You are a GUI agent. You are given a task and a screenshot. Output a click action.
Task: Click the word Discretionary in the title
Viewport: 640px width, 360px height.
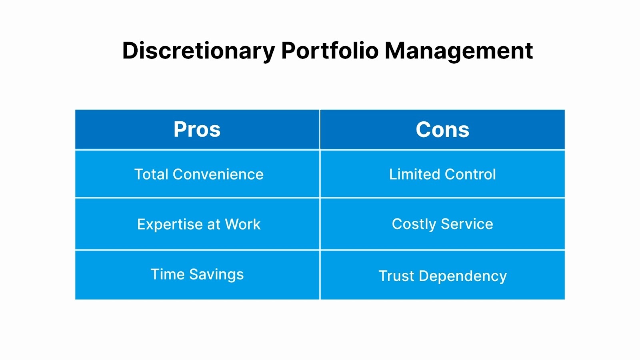click(199, 51)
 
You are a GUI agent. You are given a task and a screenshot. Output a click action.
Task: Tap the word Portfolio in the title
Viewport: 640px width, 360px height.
click(330, 51)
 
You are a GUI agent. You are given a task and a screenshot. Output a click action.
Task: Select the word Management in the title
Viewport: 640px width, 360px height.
click(458, 51)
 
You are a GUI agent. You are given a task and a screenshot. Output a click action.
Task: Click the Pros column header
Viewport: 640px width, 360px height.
click(197, 130)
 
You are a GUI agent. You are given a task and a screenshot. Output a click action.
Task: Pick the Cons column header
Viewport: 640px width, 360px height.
click(442, 130)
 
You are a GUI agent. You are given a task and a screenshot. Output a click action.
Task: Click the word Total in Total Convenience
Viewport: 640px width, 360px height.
click(151, 174)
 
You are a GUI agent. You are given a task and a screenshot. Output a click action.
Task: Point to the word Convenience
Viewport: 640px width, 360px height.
click(218, 174)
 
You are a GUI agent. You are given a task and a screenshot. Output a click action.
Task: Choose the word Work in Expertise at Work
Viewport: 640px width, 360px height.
click(242, 224)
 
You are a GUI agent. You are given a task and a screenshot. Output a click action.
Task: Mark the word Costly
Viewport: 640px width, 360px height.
click(414, 224)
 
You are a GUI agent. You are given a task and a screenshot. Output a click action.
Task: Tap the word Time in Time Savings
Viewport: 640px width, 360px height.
click(168, 274)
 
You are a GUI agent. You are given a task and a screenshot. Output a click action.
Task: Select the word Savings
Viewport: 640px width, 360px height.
click(216, 275)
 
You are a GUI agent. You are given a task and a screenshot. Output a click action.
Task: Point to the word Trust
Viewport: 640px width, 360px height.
click(396, 276)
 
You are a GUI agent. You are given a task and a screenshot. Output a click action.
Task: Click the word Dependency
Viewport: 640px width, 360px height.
click(463, 276)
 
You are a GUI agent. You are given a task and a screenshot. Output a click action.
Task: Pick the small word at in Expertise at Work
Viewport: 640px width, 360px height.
click(214, 225)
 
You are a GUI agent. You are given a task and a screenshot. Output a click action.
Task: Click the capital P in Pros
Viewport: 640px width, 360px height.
click(180, 130)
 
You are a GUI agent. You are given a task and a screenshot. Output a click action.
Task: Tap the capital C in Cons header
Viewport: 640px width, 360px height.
click(424, 130)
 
